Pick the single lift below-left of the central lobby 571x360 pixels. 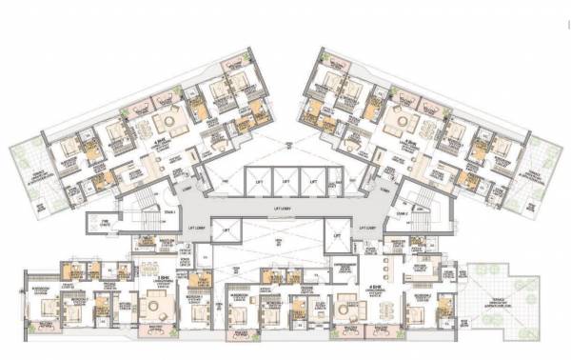coord(226,232)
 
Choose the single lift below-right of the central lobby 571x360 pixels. coord(338,232)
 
